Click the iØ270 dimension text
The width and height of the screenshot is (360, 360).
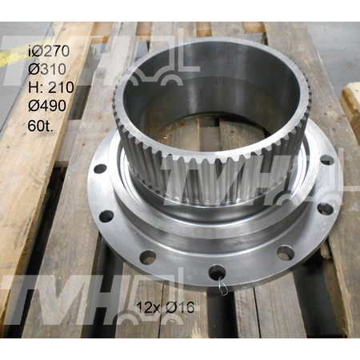pyautogui.click(x=49, y=51)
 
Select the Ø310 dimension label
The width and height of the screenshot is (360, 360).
pyautogui.click(x=47, y=70)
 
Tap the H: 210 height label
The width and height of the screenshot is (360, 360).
pyautogui.click(x=51, y=87)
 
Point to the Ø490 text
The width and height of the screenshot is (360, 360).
pyautogui.click(x=47, y=106)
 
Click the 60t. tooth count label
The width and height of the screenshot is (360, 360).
pyautogui.click(x=41, y=126)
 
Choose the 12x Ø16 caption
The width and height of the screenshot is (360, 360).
pyautogui.click(x=166, y=307)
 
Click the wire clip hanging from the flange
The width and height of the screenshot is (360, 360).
pyautogui.click(x=222, y=286)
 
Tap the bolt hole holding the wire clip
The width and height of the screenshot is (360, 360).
pyautogui.click(x=217, y=271)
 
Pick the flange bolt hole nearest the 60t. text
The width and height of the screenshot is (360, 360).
pyautogui.click(x=100, y=169)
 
